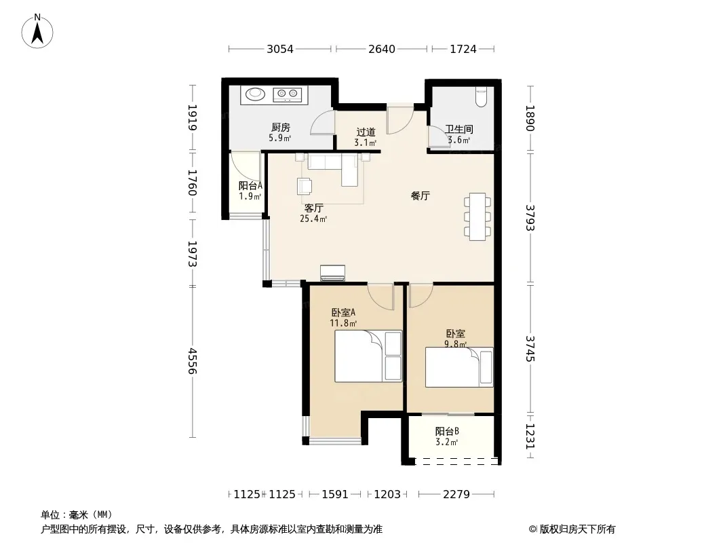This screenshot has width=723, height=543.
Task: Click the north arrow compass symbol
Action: click(x=37, y=31)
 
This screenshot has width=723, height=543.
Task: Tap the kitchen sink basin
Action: click(x=255, y=94)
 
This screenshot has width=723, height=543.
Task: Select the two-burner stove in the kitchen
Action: click(x=288, y=94)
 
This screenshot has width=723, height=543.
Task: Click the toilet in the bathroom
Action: click(x=481, y=97)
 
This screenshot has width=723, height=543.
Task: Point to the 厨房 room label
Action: click(x=280, y=128)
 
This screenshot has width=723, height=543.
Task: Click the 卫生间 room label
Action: click(x=458, y=129)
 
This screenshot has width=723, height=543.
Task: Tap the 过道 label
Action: click(x=366, y=132)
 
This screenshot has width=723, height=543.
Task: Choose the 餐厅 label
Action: click(x=420, y=195)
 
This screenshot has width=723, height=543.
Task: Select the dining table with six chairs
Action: click(x=477, y=217)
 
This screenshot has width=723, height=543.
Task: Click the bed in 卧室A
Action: click(x=368, y=356)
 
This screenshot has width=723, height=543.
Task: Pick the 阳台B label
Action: click(x=447, y=432)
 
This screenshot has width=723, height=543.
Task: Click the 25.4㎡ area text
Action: click(x=313, y=219)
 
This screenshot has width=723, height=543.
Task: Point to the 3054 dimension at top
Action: click(x=280, y=49)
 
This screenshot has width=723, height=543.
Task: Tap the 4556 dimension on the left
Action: click(x=193, y=361)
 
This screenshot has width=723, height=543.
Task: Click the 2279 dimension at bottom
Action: click(x=456, y=494)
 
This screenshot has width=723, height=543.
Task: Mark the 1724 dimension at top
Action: click(x=463, y=49)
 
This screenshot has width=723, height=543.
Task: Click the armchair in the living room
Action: click(x=305, y=186)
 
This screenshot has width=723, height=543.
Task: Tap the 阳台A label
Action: click(x=250, y=185)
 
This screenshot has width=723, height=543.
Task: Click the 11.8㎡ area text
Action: click(x=343, y=323)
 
